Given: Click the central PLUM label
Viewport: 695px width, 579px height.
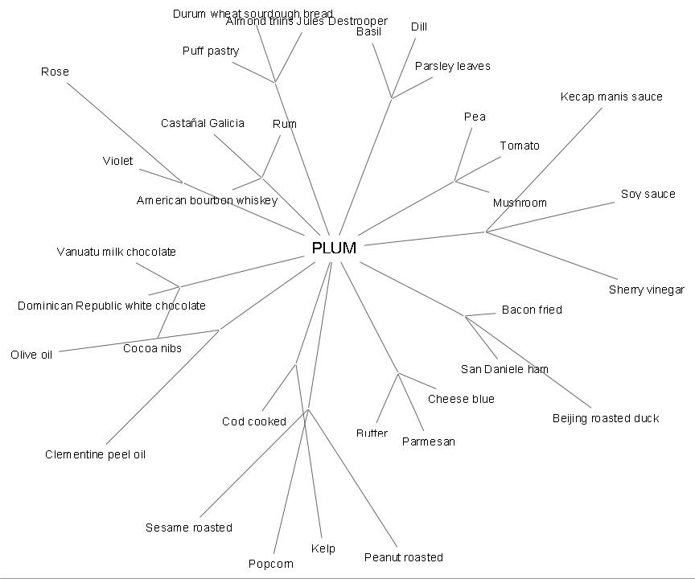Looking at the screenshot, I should tap(334, 248).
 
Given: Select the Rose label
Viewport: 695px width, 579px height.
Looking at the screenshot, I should tap(55, 72).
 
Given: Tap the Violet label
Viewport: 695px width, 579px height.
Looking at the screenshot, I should tap(117, 161).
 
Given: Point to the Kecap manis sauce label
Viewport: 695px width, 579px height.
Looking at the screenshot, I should tap(611, 96).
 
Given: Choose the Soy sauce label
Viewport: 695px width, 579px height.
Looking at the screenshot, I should tap(648, 194).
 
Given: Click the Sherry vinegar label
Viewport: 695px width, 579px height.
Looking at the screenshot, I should tap(646, 289).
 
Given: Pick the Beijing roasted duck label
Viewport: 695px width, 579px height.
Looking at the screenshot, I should tap(605, 418).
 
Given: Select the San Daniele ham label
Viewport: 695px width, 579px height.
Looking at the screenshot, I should tap(504, 369).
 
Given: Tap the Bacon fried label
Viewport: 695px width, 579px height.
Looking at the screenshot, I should tap(532, 310).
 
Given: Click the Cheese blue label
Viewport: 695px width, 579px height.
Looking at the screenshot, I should tap(461, 399).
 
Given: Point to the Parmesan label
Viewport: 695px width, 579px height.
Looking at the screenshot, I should tap(428, 441).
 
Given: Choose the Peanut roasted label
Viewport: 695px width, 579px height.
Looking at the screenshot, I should tap(403, 557).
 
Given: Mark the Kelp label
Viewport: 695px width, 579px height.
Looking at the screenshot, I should tap(323, 548).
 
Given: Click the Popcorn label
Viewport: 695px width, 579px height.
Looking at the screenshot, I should tap(270, 564).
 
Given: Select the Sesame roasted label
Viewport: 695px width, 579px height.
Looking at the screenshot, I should tap(188, 528).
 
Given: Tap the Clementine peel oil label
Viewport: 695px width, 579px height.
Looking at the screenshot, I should tap(95, 454).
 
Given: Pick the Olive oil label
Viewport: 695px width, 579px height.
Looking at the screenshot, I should tap(31, 355).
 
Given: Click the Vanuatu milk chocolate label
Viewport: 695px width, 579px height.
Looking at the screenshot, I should tap(116, 252).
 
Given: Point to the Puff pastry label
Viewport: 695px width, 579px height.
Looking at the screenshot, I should tap(211, 51).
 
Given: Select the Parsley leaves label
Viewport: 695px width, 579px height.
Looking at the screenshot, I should tap(452, 66).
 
